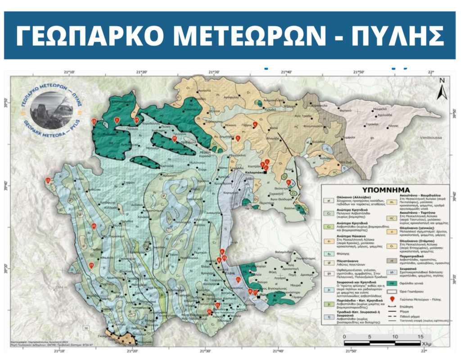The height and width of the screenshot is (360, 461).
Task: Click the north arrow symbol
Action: pos(443,88)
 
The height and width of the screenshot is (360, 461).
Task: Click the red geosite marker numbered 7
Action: pos(117,120)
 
